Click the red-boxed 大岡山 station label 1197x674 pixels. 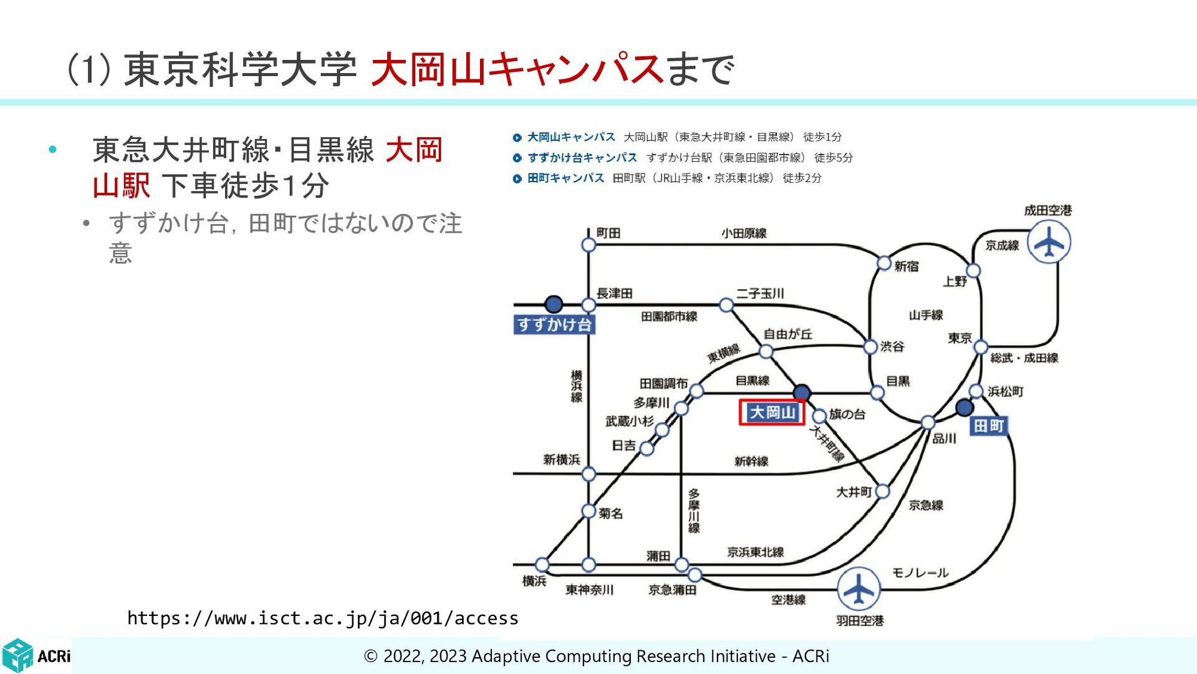click(x=772, y=413)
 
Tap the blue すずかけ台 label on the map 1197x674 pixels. click(x=554, y=325)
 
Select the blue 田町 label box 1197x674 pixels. click(x=989, y=426)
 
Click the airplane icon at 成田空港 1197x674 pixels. click(x=1049, y=242)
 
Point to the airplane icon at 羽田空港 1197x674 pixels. click(x=858, y=589)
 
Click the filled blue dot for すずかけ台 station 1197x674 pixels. click(x=554, y=305)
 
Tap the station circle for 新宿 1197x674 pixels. click(x=884, y=263)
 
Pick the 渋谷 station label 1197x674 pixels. click(x=892, y=346)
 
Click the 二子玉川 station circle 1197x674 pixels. click(x=726, y=305)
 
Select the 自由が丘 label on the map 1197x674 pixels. click(x=788, y=335)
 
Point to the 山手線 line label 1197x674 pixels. click(x=926, y=315)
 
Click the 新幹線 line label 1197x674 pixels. click(x=751, y=461)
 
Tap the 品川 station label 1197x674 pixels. click(x=944, y=439)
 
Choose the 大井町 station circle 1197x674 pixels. click(x=883, y=492)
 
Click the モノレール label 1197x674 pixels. click(x=920, y=573)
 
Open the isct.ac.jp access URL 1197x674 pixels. click(x=322, y=618)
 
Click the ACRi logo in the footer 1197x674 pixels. click(x=36, y=655)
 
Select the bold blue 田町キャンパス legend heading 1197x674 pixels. click(x=565, y=178)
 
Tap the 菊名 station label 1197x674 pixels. click(x=610, y=513)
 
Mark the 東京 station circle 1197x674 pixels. click(x=981, y=347)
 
